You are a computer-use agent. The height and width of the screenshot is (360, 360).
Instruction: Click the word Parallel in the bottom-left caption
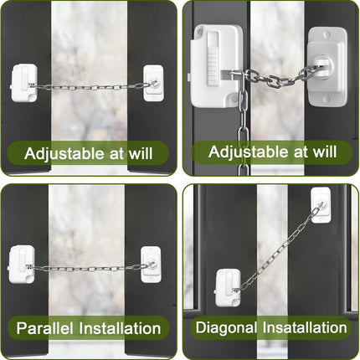(44, 328)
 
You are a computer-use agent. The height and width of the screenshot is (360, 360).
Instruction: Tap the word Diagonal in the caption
(226, 328)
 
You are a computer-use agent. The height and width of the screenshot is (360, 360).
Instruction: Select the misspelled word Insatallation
(305, 327)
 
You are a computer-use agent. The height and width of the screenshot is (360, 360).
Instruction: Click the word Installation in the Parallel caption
(120, 328)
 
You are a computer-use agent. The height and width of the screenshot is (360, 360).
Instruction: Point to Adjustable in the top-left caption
(64, 154)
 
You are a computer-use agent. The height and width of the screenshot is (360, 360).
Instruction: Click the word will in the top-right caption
(325, 152)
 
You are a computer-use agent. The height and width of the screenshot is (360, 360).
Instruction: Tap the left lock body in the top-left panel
(24, 83)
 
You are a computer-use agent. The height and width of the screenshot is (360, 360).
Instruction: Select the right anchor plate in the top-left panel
(153, 83)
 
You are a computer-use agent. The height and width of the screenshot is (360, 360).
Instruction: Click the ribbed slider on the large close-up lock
(213, 65)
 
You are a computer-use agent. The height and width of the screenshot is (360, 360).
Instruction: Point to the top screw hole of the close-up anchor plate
(327, 35)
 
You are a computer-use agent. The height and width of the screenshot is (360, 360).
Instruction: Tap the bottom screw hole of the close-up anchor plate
(327, 99)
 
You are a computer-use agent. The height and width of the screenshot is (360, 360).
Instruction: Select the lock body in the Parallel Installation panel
(22, 265)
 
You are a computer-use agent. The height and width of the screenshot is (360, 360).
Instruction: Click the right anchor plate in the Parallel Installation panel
(151, 265)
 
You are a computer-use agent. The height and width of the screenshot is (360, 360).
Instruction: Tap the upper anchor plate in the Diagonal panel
(321, 205)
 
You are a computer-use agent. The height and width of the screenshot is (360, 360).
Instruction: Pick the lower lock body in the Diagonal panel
(229, 287)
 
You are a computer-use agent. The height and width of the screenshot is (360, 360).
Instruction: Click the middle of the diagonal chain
(279, 249)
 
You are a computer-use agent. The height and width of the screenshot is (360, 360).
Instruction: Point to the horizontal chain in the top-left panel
(90, 87)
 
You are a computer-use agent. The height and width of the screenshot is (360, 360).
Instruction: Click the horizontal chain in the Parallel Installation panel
(90, 269)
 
